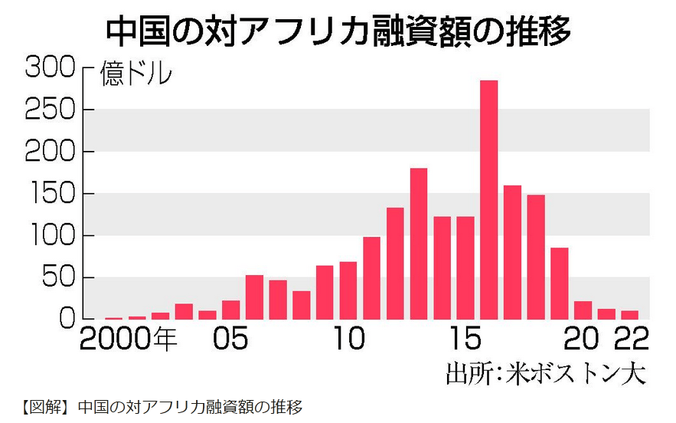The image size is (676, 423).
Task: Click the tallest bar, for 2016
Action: pyautogui.click(x=488, y=199)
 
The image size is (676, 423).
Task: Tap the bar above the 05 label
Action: pyautogui.click(x=231, y=310)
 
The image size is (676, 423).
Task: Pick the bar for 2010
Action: pyautogui.click(x=348, y=290)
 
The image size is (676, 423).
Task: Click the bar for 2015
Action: pyautogui.click(x=465, y=267)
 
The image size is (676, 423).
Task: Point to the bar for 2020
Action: pyautogui.click(x=583, y=310)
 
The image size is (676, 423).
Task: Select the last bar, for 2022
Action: pyautogui.click(x=629, y=315)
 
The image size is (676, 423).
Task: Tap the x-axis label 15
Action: pyautogui.click(x=465, y=339)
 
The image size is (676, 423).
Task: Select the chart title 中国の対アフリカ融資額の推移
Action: pyautogui.click(x=338, y=31)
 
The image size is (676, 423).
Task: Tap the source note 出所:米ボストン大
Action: pyautogui.click(x=546, y=375)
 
